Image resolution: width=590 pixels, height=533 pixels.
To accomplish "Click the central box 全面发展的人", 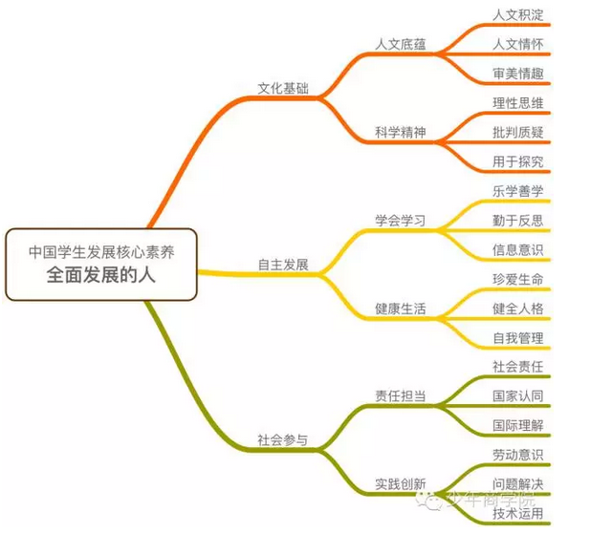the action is tap(100, 265).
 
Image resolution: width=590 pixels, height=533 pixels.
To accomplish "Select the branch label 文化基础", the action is tap(283, 88).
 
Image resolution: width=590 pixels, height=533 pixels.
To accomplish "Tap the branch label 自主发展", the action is tap(283, 265).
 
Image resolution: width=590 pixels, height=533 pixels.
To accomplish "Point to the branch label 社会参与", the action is tap(283, 439).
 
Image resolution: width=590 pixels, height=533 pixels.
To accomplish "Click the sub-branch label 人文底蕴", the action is tap(401, 44).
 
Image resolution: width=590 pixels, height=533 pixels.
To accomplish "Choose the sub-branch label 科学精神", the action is tap(401, 133).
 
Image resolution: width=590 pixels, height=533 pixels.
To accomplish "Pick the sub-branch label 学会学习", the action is tap(401, 221).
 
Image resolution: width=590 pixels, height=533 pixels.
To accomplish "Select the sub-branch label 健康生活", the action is tap(401, 309).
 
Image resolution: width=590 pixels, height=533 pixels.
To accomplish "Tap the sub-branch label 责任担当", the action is tap(401, 395).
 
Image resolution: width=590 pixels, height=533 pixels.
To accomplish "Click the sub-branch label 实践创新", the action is tap(401, 484).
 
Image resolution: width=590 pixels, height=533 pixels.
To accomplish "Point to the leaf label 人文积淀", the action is tap(518, 15).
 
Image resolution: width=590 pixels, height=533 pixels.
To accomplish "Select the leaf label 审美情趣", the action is tap(518, 74).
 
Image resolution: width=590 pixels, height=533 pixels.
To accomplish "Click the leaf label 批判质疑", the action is tap(518, 133).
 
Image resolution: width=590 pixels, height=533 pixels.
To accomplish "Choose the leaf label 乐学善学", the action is tap(518, 191).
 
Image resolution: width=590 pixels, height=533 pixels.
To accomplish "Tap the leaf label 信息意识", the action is tap(518, 250).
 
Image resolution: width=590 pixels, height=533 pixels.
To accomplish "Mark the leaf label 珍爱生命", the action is tap(518, 279).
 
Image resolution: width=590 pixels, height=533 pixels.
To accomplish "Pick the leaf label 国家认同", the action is tap(518, 395).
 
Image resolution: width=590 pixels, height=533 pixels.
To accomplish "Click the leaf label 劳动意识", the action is tap(518, 455).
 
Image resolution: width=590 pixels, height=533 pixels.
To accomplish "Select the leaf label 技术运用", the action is tap(518, 514).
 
